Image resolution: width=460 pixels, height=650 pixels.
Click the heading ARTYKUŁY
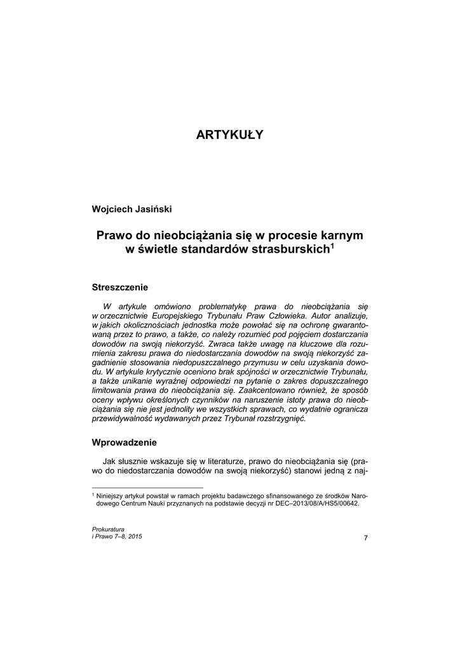point(229,135)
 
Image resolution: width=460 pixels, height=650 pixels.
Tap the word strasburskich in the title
point(290,249)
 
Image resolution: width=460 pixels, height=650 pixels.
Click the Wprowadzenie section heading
point(125,442)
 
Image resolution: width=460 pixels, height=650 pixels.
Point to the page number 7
point(365,538)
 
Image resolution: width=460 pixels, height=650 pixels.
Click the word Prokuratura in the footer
point(108,529)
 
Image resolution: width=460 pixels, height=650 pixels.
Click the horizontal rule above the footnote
point(147,487)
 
